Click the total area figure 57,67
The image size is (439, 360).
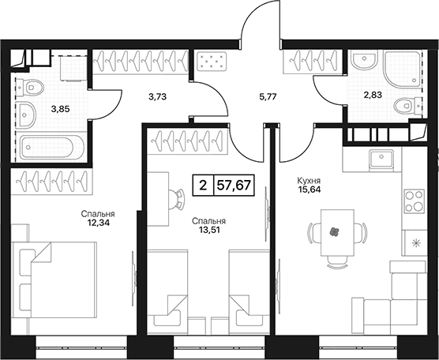[x=234, y=185]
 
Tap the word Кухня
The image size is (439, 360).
[x=309, y=181]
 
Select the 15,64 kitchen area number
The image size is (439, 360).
[x=309, y=189]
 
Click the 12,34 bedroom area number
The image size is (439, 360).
[x=98, y=223]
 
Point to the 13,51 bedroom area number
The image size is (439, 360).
[x=208, y=230]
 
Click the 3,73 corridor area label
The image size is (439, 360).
[x=157, y=97]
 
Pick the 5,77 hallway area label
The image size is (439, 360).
[x=268, y=97]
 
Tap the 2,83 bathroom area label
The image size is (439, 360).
[x=373, y=95]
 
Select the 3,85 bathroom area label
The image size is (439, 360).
[x=61, y=109]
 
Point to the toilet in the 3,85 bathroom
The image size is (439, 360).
[x=29, y=88]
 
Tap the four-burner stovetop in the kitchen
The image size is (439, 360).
[x=415, y=201]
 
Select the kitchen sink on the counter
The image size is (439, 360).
[x=381, y=159]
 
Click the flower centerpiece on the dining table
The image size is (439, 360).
[x=334, y=232]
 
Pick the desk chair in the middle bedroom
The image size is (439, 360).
[x=178, y=199]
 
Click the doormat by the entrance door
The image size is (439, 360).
[x=212, y=62]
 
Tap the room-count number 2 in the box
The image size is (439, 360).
[x=203, y=185]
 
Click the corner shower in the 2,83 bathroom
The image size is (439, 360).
[x=402, y=69]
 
